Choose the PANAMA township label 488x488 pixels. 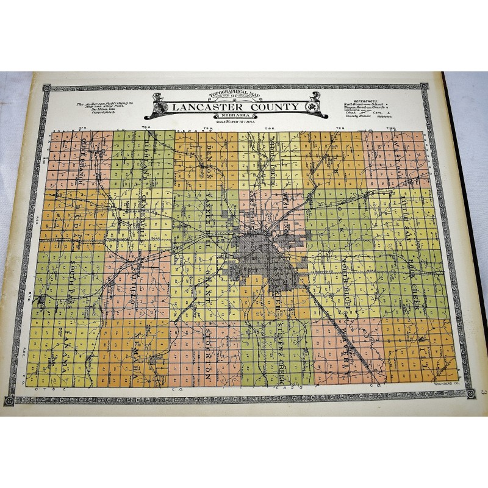pos(63,351)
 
